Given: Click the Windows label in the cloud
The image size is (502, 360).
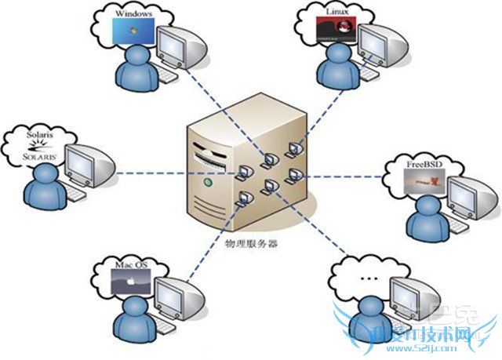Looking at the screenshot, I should pos(133,13).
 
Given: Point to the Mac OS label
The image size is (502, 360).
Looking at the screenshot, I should pos(131,265).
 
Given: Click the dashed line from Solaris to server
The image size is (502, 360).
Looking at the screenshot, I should pos(149,171).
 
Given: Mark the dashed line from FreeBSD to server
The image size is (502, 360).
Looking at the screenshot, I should pos(345,174).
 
